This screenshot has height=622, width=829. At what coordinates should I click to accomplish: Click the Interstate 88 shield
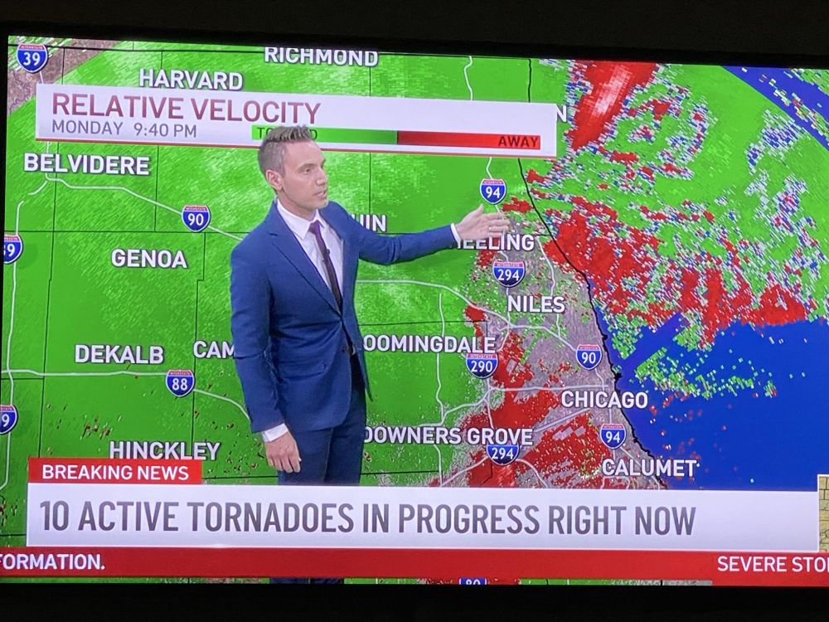click(x=180, y=382)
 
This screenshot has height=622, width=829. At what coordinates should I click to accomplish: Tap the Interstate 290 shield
click(x=482, y=364)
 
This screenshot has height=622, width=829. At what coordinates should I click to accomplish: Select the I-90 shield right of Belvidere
click(x=196, y=217)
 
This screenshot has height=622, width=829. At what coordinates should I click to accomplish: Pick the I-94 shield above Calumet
click(x=613, y=435)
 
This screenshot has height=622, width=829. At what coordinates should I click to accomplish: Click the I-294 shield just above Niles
click(x=507, y=272)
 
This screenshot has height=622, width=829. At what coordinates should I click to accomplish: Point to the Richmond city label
click(x=321, y=56)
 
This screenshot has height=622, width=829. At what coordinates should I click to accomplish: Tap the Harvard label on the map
click(x=191, y=80)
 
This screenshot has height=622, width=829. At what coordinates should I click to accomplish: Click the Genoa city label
click(x=149, y=258)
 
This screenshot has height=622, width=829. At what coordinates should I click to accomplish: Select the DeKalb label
click(x=119, y=354)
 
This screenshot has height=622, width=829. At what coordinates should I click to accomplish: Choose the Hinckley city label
click(x=164, y=449)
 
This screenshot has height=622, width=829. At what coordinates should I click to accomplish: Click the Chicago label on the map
click(x=604, y=399)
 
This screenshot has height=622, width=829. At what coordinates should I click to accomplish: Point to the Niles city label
click(x=536, y=304)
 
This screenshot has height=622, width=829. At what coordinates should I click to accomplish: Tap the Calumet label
click(x=649, y=468)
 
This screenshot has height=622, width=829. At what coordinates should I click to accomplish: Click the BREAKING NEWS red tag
click(x=115, y=472)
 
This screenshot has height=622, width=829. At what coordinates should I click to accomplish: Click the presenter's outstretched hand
click(x=482, y=224)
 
